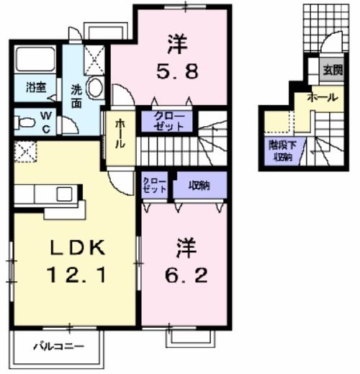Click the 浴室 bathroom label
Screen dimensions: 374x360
point(36,88)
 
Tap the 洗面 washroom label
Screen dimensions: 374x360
point(76,97)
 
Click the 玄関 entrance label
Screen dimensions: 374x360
point(332,71)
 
